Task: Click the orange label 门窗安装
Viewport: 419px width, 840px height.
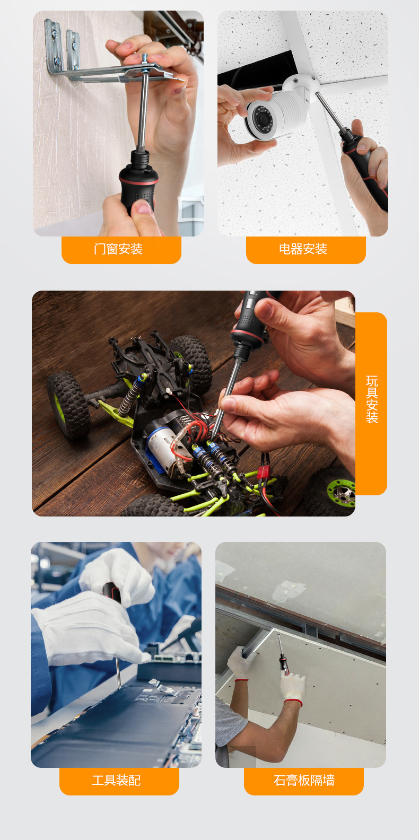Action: (121, 250)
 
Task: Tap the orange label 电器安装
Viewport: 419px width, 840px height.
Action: (305, 250)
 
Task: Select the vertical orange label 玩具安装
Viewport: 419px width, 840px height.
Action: (371, 404)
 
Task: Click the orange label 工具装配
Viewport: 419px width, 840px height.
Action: (119, 781)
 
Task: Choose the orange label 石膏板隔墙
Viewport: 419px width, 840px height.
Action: (304, 781)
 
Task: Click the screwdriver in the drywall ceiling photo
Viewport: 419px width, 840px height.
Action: (283, 654)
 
